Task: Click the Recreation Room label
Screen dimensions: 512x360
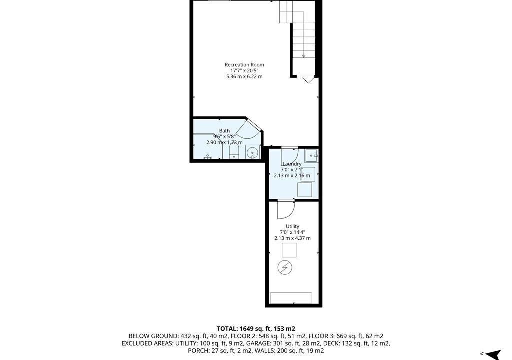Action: tap(244, 65)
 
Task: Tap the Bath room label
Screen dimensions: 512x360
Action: tap(224, 131)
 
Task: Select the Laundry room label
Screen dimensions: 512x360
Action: tap(292, 164)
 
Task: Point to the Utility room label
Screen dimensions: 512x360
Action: tap(292, 226)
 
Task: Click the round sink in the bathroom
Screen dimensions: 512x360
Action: tap(252, 152)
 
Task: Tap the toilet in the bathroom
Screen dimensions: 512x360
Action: tap(234, 152)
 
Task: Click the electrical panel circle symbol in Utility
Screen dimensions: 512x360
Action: tap(285, 268)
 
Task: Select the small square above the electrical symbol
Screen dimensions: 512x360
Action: tap(289, 250)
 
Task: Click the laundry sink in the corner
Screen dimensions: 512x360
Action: tap(312, 155)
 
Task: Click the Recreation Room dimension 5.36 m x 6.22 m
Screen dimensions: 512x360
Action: tap(244, 77)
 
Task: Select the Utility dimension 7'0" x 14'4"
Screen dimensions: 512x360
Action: tap(292, 232)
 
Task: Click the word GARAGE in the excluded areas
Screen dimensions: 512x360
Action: tap(256, 343)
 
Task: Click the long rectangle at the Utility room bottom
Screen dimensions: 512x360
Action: tap(291, 298)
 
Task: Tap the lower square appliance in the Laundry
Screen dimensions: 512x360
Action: tap(305, 190)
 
